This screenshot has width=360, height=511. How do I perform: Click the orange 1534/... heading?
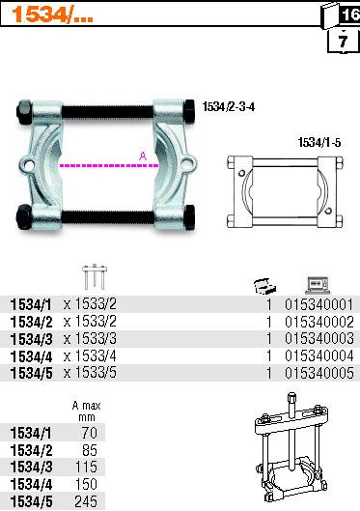tap(52, 15)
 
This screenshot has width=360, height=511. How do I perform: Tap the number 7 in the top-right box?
tap(343, 42)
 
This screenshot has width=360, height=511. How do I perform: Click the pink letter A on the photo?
tap(143, 156)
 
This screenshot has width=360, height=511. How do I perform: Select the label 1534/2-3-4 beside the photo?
tap(229, 106)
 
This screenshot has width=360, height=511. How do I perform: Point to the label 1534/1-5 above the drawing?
tap(319, 142)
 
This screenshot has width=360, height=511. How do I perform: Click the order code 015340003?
tap(319, 339)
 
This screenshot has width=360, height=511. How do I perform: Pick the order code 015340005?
tap(319, 373)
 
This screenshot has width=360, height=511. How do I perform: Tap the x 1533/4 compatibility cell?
tap(90, 355)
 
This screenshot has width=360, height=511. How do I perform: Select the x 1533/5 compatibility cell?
tap(90, 373)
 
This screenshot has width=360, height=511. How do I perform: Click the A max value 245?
tap(86, 502)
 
